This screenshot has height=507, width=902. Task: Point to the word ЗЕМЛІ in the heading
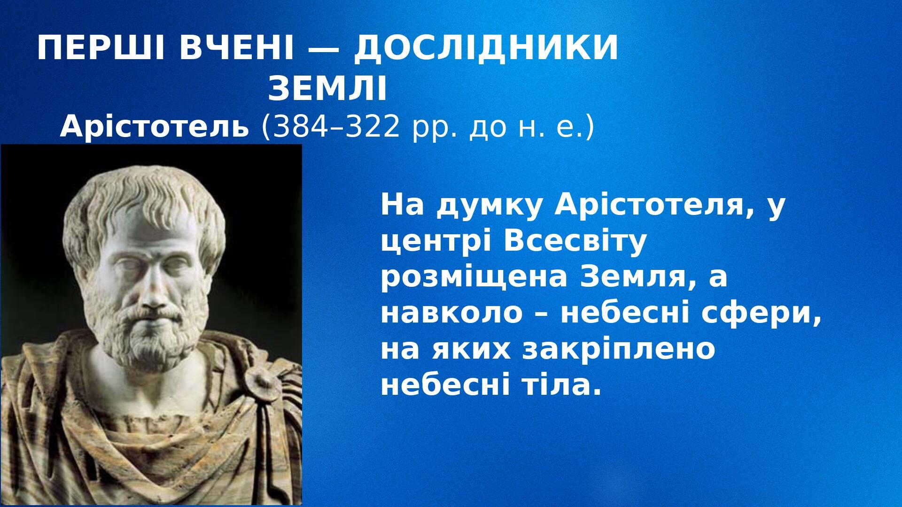coord(327,89)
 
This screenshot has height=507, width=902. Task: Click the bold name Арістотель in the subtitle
coord(154,127)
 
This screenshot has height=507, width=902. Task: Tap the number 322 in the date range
coord(373,127)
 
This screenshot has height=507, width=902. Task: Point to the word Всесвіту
coord(575,242)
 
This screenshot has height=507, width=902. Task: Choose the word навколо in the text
coord(451,314)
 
